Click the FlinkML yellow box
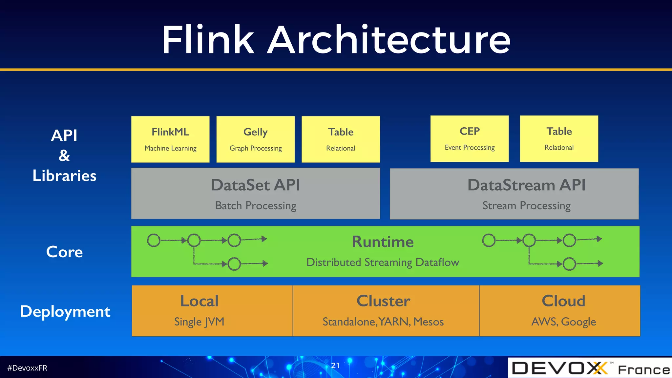tap(170, 139)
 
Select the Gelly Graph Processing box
tap(255, 139)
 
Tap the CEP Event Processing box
tap(469, 138)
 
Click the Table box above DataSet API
tap(341, 139)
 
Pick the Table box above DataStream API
tap(559, 138)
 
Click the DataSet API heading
tap(255, 185)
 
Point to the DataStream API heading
tap(526, 185)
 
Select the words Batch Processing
tap(256, 206)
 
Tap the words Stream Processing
tap(526, 206)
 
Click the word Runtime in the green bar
tap(383, 242)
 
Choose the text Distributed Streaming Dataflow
tap(383, 262)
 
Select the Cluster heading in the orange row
tap(383, 301)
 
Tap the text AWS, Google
tap(563, 322)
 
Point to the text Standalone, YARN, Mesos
tap(383, 322)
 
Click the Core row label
tap(64, 252)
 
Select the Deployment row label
tap(65, 311)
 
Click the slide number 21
tap(335, 366)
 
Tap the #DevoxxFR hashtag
tap(27, 368)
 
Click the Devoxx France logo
tap(590, 368)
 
